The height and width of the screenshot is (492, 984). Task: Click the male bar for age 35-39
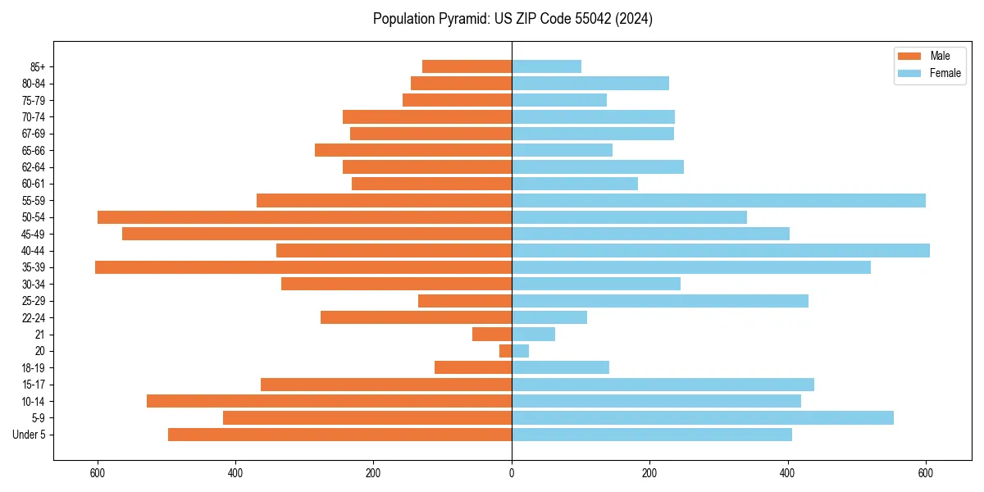pos(303,267)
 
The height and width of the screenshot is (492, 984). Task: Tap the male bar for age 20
pos(506,351)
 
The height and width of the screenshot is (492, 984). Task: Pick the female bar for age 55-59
pos(718,201)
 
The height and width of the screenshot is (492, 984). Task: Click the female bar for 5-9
pos(702,418)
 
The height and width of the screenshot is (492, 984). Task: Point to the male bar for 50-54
pos(304,217)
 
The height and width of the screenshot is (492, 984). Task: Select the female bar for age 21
pos(533,335)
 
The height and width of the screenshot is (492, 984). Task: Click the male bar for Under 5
pos(339,435)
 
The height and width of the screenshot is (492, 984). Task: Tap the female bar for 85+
pos(546,66)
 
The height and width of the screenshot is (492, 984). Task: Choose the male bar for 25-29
pos(465,301)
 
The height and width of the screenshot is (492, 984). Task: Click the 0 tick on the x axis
pos(512,472)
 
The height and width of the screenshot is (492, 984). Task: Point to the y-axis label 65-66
pos(34,151)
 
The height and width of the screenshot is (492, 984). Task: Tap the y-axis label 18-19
pos(34,368)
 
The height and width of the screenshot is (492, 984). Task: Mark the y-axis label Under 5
pos(30,435)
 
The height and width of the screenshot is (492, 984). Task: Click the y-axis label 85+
pos(38,66)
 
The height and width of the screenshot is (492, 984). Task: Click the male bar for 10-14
pos(329,401)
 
